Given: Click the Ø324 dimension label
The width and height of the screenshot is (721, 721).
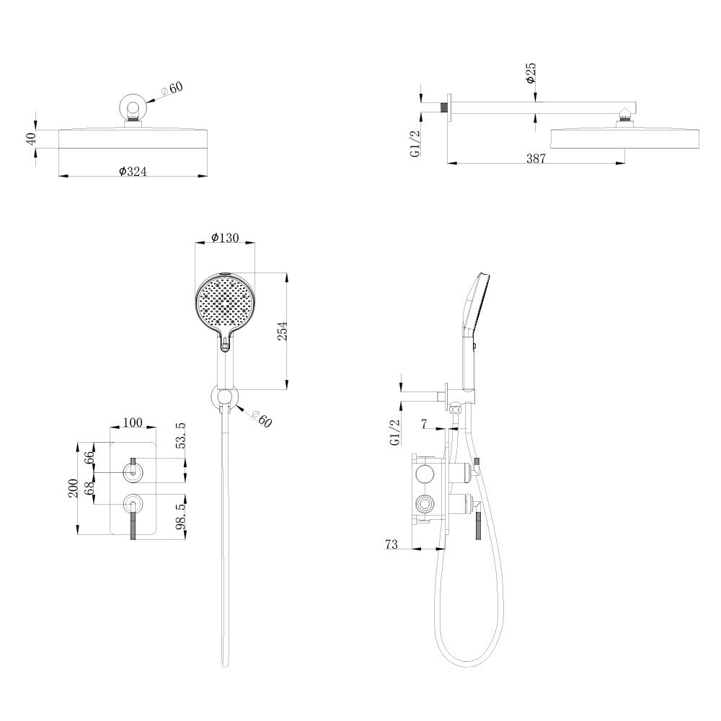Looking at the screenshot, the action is click(x=133, y=172).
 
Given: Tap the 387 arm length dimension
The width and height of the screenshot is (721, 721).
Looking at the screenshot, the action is click(x=536, y=158).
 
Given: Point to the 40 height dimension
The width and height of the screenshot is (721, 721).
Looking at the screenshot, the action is click(x=31, y=138).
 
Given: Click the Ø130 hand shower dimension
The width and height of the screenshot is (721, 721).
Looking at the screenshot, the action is click(x=225, y=237).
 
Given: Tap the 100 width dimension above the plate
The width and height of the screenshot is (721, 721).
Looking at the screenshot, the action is click(x=133, y=422).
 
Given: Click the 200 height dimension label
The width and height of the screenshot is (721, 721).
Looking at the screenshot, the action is click(x=73, y=488).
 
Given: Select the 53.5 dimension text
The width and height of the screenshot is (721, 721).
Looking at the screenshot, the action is click(x=181, y=435).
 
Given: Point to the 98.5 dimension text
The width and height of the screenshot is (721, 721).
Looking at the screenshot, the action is click(x=181, y=515).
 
